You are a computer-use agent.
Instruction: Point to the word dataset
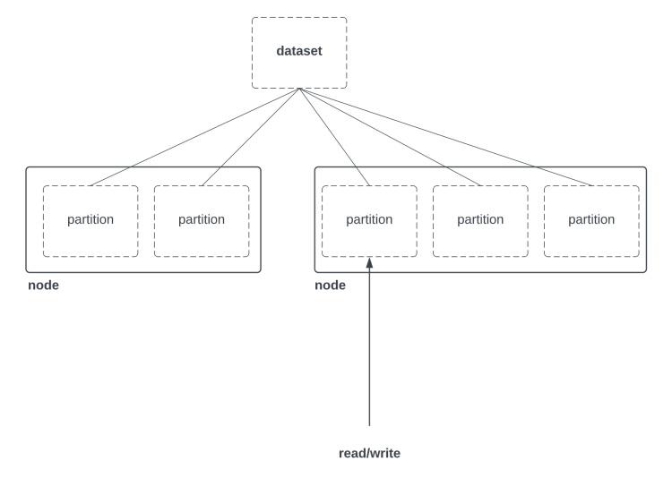(298, 51)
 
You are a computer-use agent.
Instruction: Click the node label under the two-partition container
(42, 286)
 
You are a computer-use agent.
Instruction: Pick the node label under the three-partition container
(331, 286)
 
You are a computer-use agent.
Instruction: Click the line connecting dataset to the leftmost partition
(193, 138)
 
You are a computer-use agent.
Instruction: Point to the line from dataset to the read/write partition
(334, 138)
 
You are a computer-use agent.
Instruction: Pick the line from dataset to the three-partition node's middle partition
(391, 138)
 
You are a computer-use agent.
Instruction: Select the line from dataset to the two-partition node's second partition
(249, 139)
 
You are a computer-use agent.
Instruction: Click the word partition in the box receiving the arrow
(369, 219)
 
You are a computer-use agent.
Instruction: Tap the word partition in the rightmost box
(592, 219)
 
